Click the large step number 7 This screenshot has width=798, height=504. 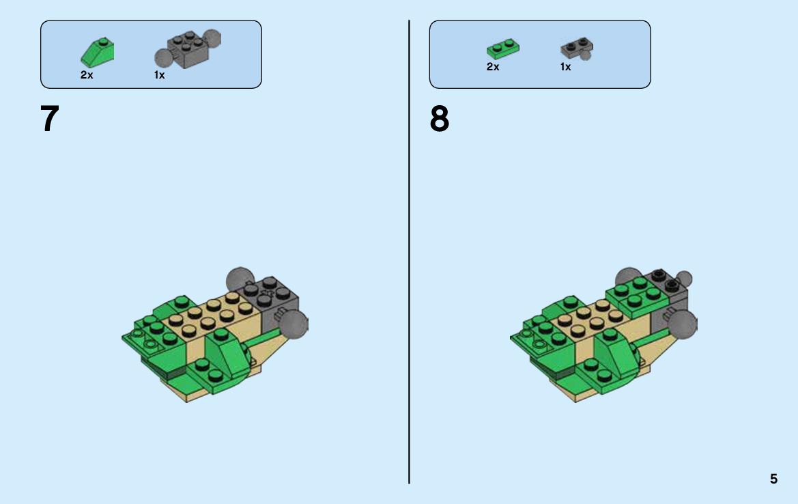tap(50, 119)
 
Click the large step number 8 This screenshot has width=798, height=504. tap(440, 119)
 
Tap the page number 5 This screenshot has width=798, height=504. tap(773, 479)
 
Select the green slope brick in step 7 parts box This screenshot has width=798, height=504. tap(97, 53)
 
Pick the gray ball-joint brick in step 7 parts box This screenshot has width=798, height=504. tap(188, 49)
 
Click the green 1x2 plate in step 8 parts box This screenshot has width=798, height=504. tap(503, 49)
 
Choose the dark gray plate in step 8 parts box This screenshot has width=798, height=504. tap(577, 49)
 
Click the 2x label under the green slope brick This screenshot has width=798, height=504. tap(87, 75)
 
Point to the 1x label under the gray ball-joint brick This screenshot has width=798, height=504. tap(159, 75)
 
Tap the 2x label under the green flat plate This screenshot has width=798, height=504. tap(493, 67)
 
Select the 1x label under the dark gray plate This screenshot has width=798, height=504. tap(565, 67)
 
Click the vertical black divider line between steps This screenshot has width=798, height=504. tap(409, 252)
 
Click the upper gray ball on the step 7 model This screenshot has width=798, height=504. tap(239, 279)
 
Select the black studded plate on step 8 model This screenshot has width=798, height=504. tap(666, 281)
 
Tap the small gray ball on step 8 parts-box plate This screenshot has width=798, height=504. tap(586, 55)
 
